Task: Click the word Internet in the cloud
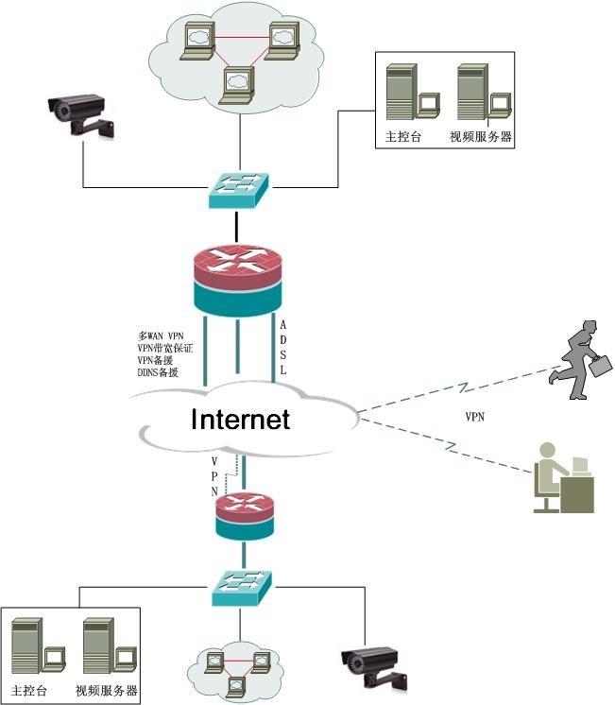click(240, 419)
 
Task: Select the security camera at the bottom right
click(375, 666)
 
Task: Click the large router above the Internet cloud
click(237, 278)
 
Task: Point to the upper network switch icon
click(238, 189)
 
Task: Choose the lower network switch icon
click(240, 588)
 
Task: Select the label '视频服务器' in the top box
click(481, 137)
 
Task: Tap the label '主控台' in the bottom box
click(29, 691)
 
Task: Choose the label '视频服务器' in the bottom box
click(107, 691)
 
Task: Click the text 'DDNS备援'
click(159, 372)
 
